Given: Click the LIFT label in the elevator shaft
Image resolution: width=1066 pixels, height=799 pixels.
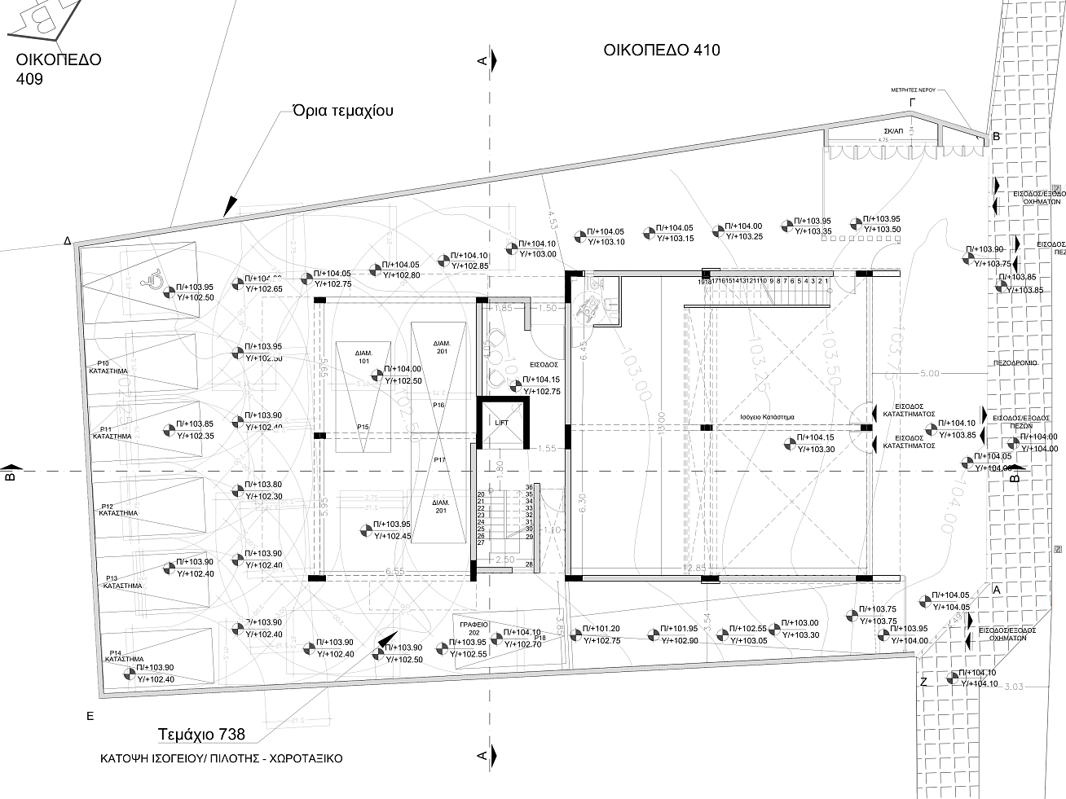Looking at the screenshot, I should pyautogui.click(x=501, y=423).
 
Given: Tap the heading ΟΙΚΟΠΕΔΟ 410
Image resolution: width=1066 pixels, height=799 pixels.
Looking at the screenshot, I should pyautogui.click(x=662, y=50).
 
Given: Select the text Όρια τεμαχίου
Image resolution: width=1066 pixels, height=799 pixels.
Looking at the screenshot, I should pyautogui.click(x=343, y=111).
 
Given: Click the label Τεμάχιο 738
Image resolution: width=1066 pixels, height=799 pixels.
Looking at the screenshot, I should pyautogui.click(x=201, y=735).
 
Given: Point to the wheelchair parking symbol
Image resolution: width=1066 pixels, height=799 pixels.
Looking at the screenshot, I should pyautogui.click(x=152, y=281).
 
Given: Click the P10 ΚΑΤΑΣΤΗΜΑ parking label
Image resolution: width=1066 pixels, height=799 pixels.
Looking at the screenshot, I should pyautogui.click(x=108, y=367).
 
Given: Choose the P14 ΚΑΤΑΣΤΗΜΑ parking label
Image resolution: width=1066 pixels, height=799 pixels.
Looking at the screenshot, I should pyautogui.click(x=125, y=656).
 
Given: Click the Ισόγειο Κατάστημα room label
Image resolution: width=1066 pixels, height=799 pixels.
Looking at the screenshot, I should pyautogui.click(x=767, y=416).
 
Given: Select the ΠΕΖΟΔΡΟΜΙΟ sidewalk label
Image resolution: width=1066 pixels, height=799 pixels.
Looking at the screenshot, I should pyautogui.click(x=1015, y=362).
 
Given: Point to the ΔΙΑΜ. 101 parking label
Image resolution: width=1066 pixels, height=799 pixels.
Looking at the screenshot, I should pyautogui.click(x=363, y=357).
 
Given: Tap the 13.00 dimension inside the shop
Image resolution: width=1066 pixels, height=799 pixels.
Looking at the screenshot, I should pyautogui.click(x=661, y=423).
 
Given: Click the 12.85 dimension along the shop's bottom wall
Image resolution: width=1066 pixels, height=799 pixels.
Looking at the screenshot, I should pyautogui.click(x=695, y=568).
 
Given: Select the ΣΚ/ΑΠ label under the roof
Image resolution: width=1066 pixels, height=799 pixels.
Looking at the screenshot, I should pyautogui.click(x=893, y=131).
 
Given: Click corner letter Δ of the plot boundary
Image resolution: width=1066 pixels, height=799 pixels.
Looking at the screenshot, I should pyautogui.click(x=68, y=241).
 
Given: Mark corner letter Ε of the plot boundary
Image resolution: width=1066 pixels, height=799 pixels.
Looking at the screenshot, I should pyautogui.click(x=90, y=716).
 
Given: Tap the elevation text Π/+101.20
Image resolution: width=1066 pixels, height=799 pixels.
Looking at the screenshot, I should pyautogui.click(x=601, y=629).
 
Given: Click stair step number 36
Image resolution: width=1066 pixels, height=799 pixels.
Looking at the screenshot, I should pyautogui.click(x=529, y=487).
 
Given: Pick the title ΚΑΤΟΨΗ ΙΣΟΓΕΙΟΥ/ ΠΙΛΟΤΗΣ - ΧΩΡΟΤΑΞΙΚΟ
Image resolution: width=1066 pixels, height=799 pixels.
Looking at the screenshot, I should pyautogui.click(x=221, y=758).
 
